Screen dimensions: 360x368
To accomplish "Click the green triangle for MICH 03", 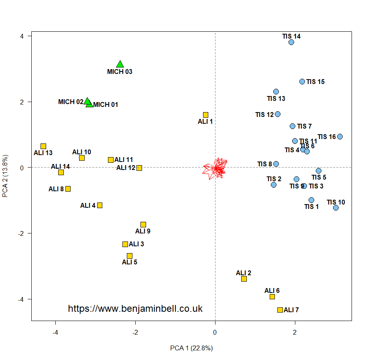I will point(120,64).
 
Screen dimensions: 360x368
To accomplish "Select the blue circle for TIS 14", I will point(291,42).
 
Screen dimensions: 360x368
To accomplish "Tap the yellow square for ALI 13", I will point(43,146).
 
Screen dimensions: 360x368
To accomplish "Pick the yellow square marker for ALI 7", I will point(280,310).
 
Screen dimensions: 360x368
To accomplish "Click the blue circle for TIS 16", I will point(340,137).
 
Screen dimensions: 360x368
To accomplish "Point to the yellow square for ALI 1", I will point(205,115).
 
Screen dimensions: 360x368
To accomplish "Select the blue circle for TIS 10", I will point(336,208).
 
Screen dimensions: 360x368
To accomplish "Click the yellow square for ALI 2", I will point(244,279).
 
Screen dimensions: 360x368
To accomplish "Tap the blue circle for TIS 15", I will point(302,82).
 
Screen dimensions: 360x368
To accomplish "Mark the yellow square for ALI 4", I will point(100,205).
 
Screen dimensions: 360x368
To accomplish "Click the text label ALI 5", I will point(130,262).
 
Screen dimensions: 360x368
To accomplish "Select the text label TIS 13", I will point(276,98).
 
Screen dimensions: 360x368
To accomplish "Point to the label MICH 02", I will point(71,102).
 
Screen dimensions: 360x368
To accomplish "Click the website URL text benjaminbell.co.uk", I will point(135,309).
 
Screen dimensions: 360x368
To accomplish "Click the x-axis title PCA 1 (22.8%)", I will point(191,348).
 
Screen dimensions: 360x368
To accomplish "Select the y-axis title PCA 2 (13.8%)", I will point(6,176).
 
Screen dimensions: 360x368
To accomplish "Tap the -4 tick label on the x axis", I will point(55,332).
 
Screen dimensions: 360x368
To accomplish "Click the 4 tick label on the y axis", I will point(22,36).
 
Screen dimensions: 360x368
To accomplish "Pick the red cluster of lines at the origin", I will point(216,168).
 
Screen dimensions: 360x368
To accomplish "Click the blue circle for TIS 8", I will point(276,164).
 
